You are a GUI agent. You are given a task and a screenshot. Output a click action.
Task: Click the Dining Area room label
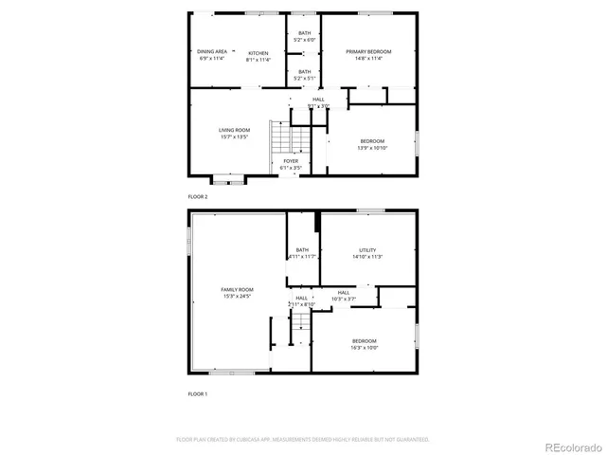(x=212, y=51)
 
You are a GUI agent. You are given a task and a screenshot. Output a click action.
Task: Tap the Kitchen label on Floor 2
(x=258, y=53)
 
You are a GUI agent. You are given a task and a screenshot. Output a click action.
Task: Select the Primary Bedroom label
(x=368, y=51)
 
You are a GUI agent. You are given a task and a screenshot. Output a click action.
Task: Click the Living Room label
(x=234, y=130)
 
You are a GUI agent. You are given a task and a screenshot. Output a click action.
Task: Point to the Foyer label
(x=291, y=161)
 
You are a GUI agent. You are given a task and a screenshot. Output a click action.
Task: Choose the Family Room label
(x=237, y=289)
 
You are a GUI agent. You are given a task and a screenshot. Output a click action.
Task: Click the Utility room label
(x=354, y=250)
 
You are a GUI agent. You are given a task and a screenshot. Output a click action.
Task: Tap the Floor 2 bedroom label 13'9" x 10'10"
(x=372, y=141)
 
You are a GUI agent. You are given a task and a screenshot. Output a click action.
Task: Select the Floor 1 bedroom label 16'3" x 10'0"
(x=365, y=341)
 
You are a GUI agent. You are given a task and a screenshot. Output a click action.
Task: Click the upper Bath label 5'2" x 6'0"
(x=305, y=33)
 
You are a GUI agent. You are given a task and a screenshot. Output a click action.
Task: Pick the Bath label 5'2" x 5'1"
(x=305, y=71)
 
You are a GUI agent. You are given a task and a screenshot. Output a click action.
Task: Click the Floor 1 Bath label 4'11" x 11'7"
(x=302, y=250)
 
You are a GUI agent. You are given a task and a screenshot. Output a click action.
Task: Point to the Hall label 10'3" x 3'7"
(x=343, y=292)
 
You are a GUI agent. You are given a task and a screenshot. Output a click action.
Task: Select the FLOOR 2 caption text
(x=197, y=195)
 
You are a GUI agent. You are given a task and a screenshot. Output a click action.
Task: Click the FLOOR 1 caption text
(x=197, y=392)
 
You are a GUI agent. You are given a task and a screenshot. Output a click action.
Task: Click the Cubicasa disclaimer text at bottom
(x=303, y=439)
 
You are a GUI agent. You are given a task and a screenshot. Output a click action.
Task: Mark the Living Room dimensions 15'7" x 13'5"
(x=234, y=136)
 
